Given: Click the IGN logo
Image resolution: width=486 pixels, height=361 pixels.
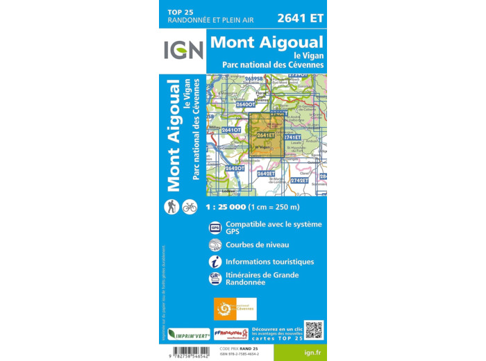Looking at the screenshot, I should pos(183,50).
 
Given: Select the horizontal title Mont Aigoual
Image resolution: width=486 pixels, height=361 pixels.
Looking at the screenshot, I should pos(267,42).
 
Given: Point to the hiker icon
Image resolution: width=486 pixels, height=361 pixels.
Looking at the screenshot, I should pos(171,206).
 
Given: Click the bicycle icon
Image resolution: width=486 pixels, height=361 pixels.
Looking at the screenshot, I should pos(190,206).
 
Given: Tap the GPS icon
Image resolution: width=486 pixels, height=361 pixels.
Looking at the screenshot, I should pos(215,227).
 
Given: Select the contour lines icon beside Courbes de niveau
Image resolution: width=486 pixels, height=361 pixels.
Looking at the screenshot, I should pos(215,244).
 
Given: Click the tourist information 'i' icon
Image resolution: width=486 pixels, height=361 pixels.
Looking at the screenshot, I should pos(215,262).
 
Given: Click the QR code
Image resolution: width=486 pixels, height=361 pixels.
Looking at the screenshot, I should pos(314,330).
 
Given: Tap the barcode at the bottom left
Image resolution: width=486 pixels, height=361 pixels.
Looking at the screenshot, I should pos(187,350).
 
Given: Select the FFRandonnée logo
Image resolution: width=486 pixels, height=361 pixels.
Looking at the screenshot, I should pos(231,333).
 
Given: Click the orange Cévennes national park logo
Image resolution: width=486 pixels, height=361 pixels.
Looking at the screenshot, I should pos(235,308).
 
